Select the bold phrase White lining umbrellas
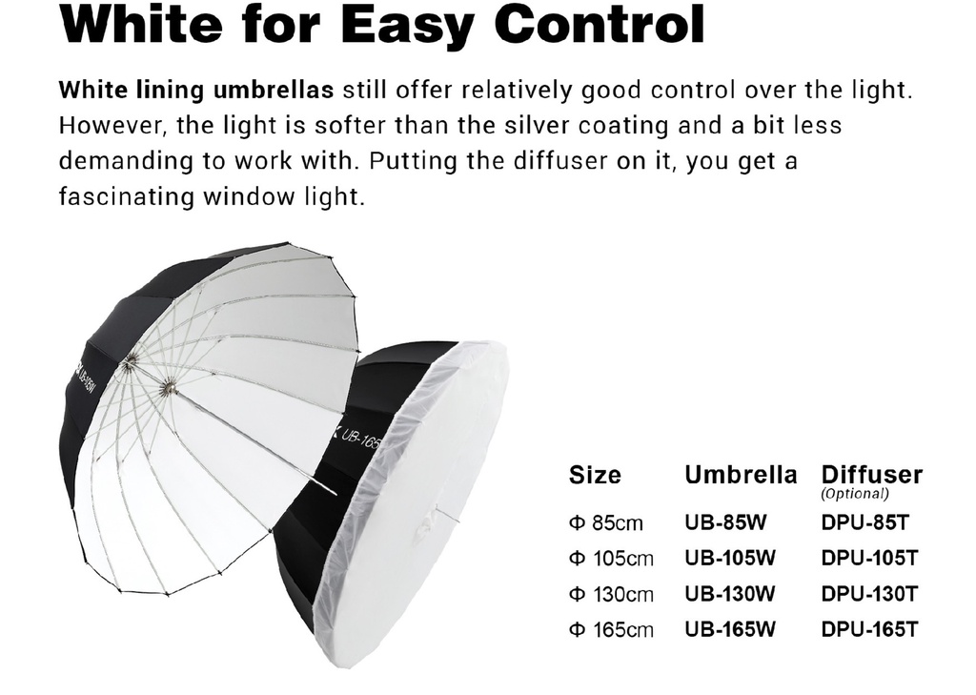196,91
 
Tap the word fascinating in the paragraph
127,196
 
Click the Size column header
595,475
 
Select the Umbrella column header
741,475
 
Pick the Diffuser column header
871,475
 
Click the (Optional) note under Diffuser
855,494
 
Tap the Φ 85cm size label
605,522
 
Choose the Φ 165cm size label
611,629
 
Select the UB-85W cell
725,521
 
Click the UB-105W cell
730,558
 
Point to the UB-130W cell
730,594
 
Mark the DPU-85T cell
865,521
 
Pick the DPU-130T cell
869,594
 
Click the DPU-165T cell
869,629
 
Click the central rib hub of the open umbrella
167,389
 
